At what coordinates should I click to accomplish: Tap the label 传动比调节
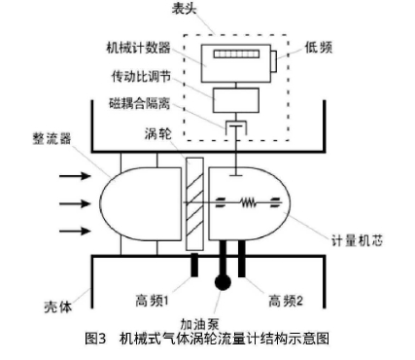click(143, 74)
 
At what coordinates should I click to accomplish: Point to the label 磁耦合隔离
click(143, 102)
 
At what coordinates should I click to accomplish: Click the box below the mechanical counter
click(232, 97)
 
